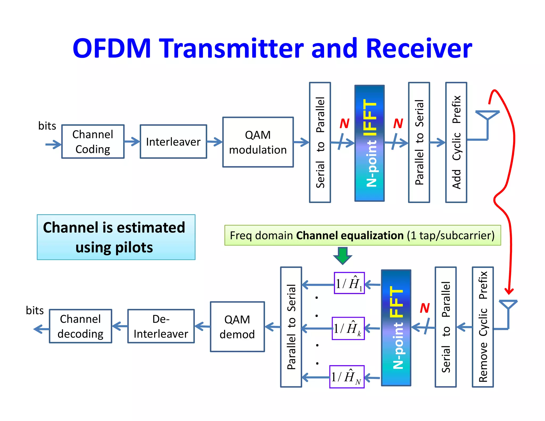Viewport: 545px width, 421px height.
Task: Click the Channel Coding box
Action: pyautogui.click(x=93, y=142)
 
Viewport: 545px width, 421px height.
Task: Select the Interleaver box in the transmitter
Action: pyautogui.click(x=173, y=142)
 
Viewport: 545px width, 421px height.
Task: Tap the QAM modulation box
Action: pyautogui.click(x=258, y=142)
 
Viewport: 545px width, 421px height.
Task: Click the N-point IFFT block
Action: pyautogui.click(x=369, y=143)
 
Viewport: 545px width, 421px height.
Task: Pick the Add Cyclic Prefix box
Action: pyautogui.click(x=456, y=142)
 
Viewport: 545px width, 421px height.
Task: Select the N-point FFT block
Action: pyautogui.click(x=396, y=328)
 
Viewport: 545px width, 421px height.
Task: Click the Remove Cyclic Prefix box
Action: pyautogui.click(x=483, y=327)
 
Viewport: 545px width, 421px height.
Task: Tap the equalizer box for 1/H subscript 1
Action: pyautogui.click(x=349, y=283)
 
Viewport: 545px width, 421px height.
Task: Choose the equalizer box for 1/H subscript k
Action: pyautogui.click(x=348, y=328)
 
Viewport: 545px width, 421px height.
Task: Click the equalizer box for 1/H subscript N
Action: pyautogui.click(x=347, y=377)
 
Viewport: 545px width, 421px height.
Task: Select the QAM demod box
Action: pyautogui.click(x=237, y=327)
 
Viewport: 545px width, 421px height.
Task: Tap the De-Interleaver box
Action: pyautogui.click(x=161, y=326)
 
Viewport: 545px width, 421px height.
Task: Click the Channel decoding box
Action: pyautogui.click(x=80, y=326)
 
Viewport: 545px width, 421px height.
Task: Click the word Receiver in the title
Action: pyautogui.click(x=419, y=48)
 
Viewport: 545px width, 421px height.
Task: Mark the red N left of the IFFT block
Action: pyautogui.click(x=344, y=123)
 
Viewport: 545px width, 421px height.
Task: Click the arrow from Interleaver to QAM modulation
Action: pyautogui.click(x=214, y=142)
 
